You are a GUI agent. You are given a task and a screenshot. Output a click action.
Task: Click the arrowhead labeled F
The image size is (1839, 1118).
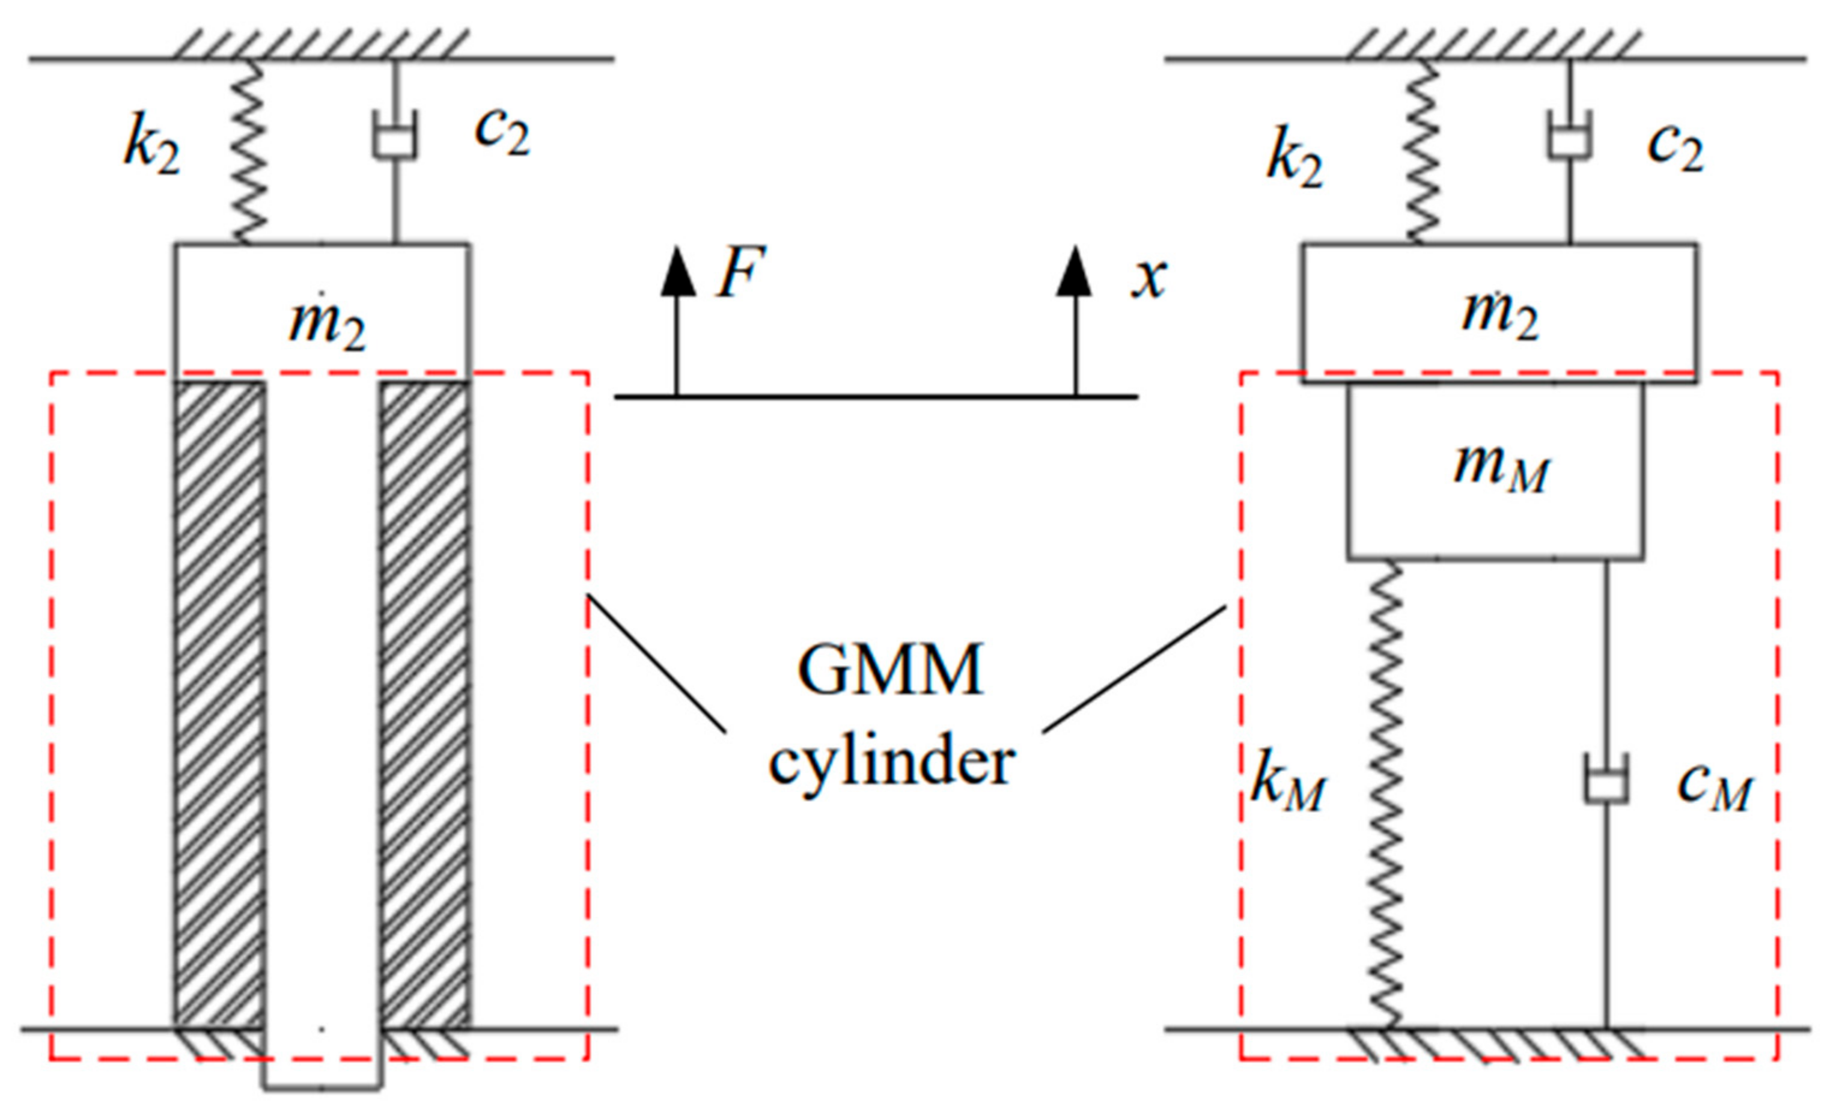[x=678, y=272]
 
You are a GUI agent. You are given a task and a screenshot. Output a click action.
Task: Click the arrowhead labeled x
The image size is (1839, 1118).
[x=1074, y=272]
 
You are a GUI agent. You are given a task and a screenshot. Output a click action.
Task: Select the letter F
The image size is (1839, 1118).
[x=740, y=272]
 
